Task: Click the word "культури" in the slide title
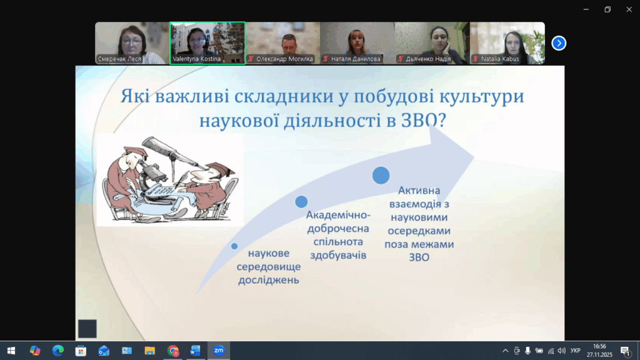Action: coord(482,96)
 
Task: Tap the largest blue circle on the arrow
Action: coord(381,176)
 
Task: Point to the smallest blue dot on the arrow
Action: coord(234,246)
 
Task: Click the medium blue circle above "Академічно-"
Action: coord(301,202)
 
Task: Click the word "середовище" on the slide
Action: coord(269,266)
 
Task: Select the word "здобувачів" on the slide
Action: coord(338,256)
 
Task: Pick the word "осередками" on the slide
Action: coord(419,231)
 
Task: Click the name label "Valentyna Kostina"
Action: coord(196,59)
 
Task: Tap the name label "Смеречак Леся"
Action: coord(119,59)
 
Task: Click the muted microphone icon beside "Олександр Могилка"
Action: coord(251,59)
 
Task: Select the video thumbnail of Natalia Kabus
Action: coord(507,43)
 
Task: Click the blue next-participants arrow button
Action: coord(559,43)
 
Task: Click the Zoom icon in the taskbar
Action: coord(219,350)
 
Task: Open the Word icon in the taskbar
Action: coord(196,350)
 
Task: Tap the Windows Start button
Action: coord(11,351)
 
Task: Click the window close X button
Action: coord(629,9)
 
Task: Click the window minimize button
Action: coord(586,9)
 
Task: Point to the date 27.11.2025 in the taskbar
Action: coord(599,355)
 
